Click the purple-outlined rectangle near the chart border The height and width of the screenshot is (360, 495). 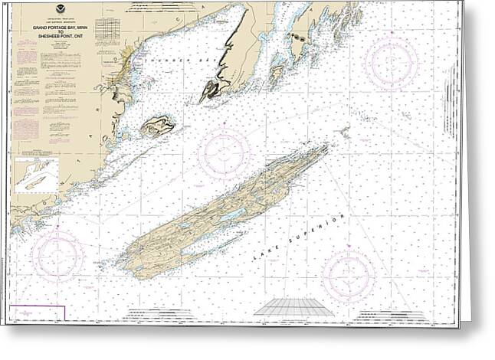pyautogui.click(x=38, y=313)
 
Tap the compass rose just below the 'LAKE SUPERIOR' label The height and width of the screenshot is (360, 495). pyautogui.click(x=349, y=274)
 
